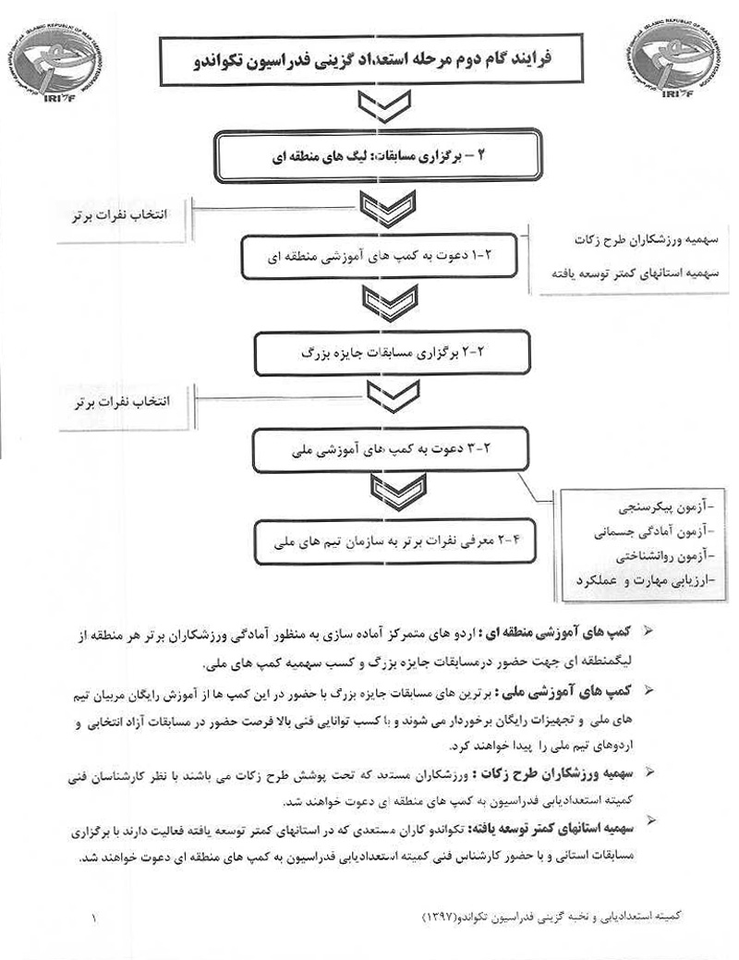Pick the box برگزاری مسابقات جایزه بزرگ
coord(379,352)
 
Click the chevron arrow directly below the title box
coord(368,109)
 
